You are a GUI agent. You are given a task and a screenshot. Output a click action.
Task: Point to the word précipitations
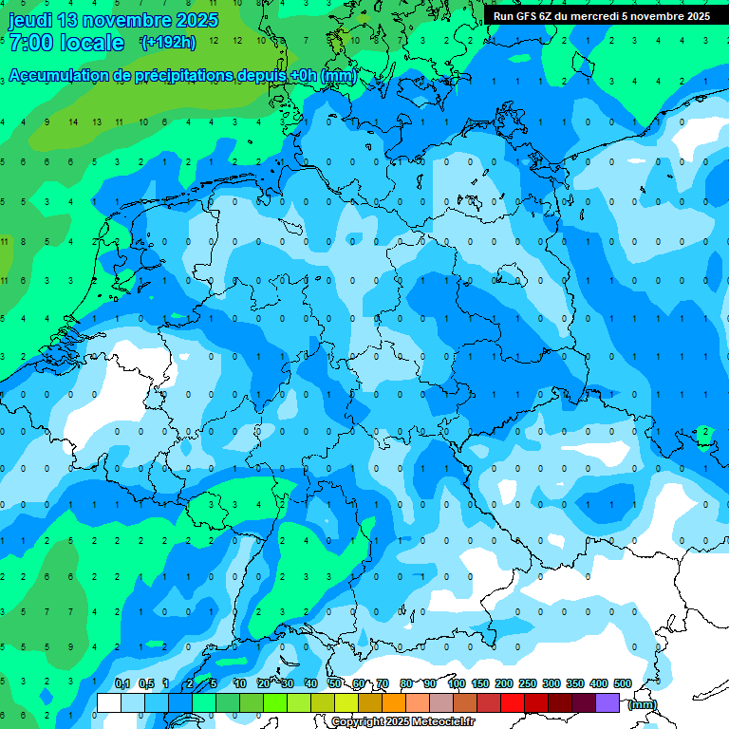180,76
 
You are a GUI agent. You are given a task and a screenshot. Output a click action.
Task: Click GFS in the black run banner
526,16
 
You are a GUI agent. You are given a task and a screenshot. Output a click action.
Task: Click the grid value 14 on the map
73,122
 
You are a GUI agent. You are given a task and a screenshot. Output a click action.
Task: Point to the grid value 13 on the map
97,122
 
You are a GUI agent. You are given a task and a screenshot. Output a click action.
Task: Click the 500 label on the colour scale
623,683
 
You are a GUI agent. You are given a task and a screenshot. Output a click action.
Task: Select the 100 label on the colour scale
457,683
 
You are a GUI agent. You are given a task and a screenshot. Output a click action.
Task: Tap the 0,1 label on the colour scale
122,683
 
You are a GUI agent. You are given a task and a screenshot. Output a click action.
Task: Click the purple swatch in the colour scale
607,702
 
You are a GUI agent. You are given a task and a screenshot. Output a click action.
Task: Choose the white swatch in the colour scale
109,702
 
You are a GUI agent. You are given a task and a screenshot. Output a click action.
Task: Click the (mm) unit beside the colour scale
643,703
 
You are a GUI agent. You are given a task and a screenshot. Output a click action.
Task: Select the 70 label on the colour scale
382,683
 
